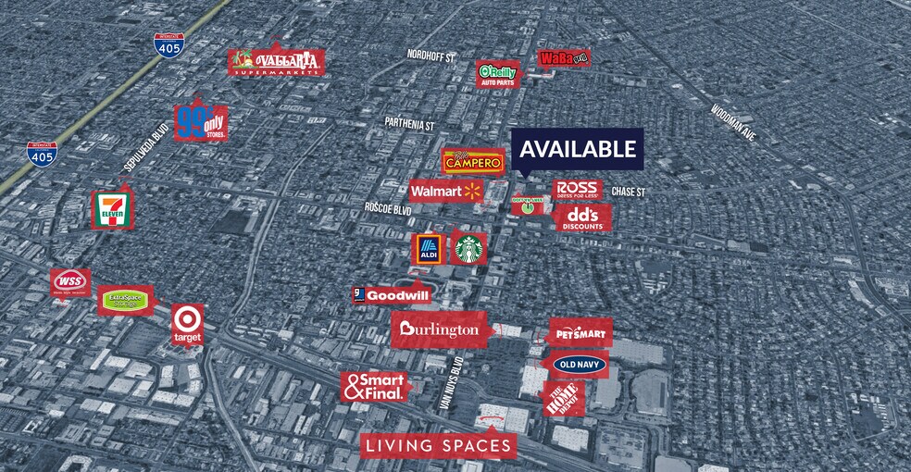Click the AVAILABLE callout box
point(578,148)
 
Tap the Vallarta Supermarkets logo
point(277,62)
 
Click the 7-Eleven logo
point(112,210)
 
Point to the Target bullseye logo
point(187,320)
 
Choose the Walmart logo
point(446,191)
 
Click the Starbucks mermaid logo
point(468,248)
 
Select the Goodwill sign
point(391,295)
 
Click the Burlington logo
point(440,329)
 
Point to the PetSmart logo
point(580,331)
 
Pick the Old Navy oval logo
point(580,365)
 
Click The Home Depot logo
point(563,399)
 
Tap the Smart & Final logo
point(374,387)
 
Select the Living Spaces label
point(437,446)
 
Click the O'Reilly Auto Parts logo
point(498,74)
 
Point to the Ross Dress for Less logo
point(579,189)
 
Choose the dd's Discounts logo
point(582,218)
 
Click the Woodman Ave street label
point(734,121)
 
